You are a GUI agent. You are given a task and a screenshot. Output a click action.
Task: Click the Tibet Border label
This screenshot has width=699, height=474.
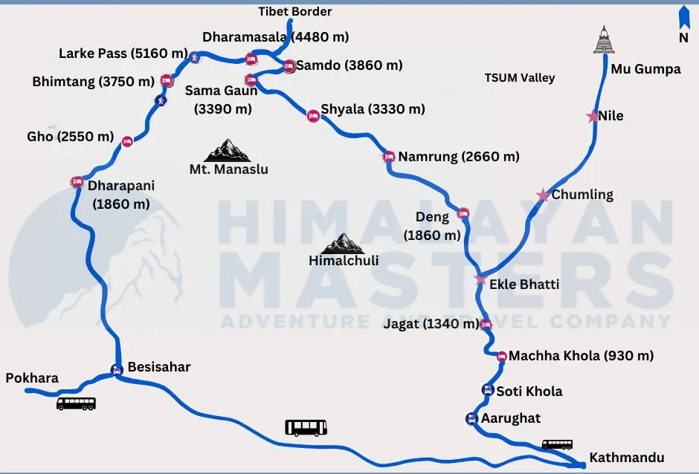point(295,12)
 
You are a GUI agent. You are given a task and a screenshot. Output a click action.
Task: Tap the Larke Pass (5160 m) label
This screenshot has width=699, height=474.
point(123,53)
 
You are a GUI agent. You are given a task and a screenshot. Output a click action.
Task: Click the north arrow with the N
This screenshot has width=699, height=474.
point(683,24)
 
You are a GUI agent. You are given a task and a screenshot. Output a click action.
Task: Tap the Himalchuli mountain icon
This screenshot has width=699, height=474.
point(344,243)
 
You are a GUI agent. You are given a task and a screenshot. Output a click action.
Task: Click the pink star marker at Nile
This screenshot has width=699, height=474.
point(593,117)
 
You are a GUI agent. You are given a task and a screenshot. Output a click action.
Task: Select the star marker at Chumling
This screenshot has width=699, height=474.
point(543,195)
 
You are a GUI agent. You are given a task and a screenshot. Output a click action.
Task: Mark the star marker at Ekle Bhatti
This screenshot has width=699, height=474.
point(480,280)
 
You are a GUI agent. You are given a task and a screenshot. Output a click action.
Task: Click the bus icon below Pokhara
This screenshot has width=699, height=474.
point(76,403)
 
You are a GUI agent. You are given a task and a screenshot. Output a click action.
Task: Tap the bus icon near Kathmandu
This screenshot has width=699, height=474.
point(557,444)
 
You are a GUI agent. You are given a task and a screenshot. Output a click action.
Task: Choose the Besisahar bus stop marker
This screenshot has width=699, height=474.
point(117,369)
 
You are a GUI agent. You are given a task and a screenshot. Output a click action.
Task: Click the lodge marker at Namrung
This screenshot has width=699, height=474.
point(388,157)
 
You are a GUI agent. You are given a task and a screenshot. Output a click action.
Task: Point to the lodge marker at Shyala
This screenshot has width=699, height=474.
point(313,115)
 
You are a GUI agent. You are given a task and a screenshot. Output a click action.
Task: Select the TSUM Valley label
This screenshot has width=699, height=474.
point(520,78)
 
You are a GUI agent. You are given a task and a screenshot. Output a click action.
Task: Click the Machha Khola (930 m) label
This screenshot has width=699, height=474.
point(581,356)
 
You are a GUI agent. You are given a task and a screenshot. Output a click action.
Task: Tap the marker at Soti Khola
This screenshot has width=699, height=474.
point(487,390)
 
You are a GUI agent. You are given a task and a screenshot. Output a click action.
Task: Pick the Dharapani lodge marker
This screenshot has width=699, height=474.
point(77,181)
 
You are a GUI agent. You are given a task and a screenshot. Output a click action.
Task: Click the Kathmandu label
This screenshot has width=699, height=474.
point(626,458)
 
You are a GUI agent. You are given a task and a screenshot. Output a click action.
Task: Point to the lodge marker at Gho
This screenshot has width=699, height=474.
point(127,140)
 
